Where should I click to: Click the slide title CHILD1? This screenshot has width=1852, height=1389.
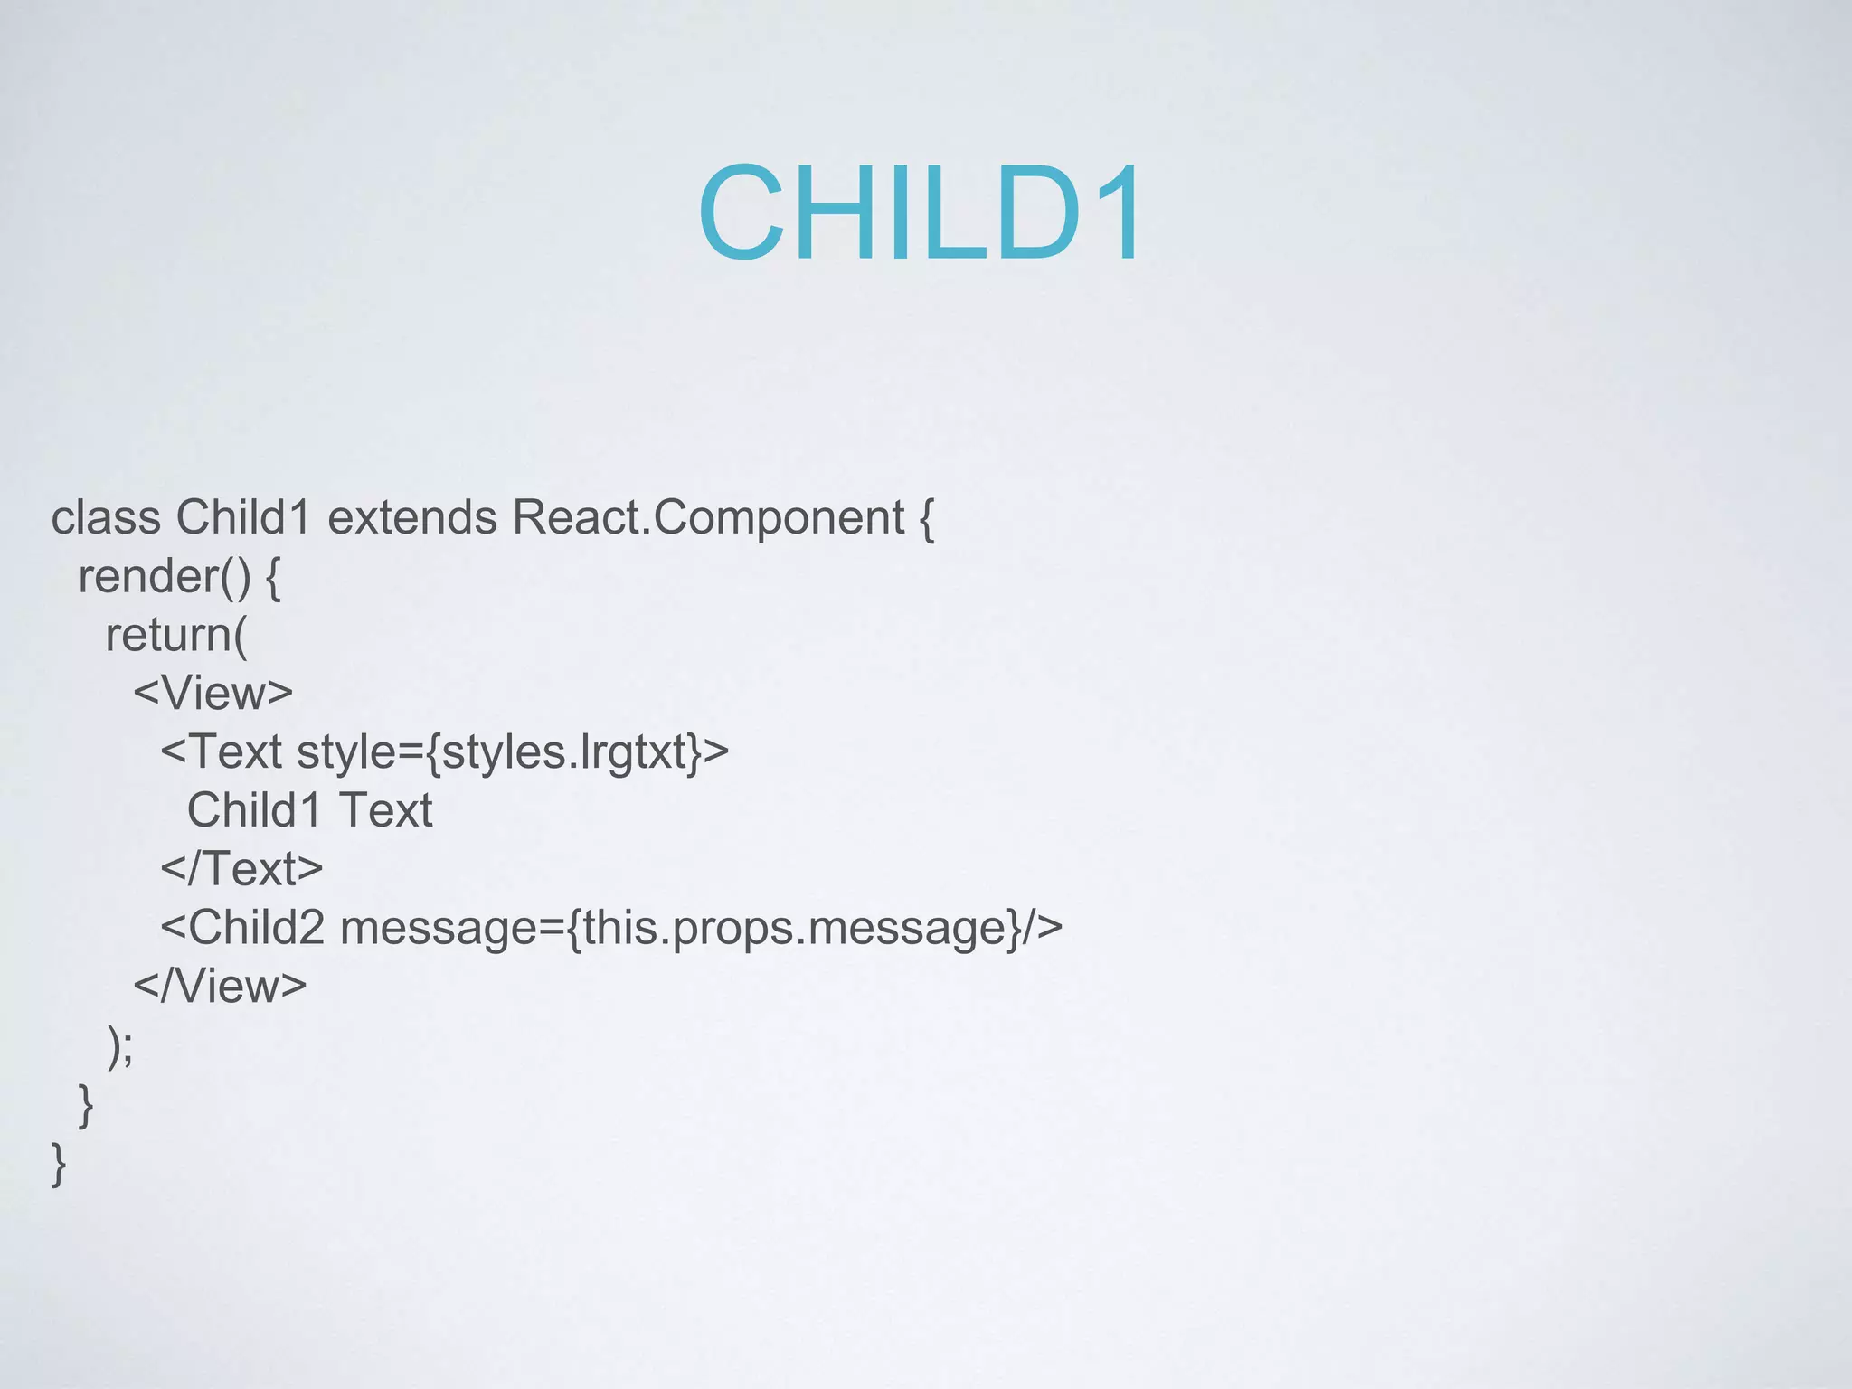click(x=921, y=213)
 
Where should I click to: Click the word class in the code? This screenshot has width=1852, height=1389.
click(x=106, y=518)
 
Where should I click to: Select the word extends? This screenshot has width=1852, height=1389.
click(x=411, y=518)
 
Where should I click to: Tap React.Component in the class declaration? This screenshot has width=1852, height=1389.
click(x=708, y=518)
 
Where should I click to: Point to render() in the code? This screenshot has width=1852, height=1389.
click(x=164, y=577)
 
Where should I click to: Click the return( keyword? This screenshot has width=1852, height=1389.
click(x=175, y=635)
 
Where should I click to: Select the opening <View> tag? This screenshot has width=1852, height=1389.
click(x=213, y=694)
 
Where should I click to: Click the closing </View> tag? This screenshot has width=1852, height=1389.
click(x=220, y=986)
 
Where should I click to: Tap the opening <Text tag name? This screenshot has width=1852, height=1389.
click(x=222, y=752)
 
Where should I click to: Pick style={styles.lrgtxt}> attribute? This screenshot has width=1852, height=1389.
click(x=512, y=752)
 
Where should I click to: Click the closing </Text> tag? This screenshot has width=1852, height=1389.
click(x=241, y=869)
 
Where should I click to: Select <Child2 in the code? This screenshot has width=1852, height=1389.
click(x=242, y=928)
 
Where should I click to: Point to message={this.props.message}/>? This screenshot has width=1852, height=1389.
click(x=701, y=928)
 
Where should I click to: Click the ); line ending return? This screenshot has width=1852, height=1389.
click(x=120, y=1046)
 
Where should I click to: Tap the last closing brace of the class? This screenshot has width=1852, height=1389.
click(x=59, y=1163)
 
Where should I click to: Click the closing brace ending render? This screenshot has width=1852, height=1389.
click(x=86, y=1104)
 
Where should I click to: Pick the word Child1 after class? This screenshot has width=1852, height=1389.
click(x=243, y=518)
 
